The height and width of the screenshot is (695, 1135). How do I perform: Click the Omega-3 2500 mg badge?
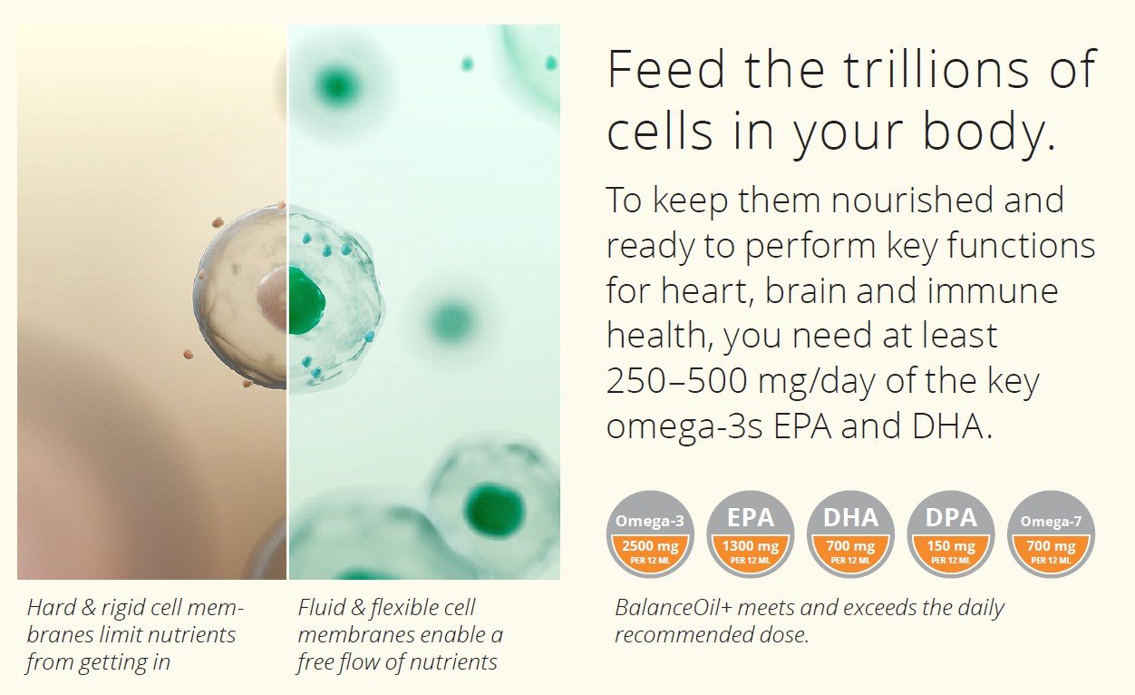coord(650,534)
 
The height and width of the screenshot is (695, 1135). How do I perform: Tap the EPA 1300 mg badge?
coord(751,534)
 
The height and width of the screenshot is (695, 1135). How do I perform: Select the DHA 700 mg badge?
coord(850,534)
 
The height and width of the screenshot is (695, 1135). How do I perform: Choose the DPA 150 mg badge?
coord(951,534)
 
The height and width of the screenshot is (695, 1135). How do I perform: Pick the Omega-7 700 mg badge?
coord(1051,534)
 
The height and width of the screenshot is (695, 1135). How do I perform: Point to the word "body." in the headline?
coord(990,131)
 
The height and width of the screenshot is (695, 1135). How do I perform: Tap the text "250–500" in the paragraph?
coord(677,380)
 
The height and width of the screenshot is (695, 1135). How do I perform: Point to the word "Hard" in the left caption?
coord(52,607)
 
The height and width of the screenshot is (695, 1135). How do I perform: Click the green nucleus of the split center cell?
coord(306,300)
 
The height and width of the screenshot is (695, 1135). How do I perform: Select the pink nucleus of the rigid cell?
coord(272,299)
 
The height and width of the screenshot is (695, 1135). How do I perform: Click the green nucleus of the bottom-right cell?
coord(492,508)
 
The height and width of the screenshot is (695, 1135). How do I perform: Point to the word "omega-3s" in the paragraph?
coord(684,427)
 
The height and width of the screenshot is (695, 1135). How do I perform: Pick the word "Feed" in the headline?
coord(667,70)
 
